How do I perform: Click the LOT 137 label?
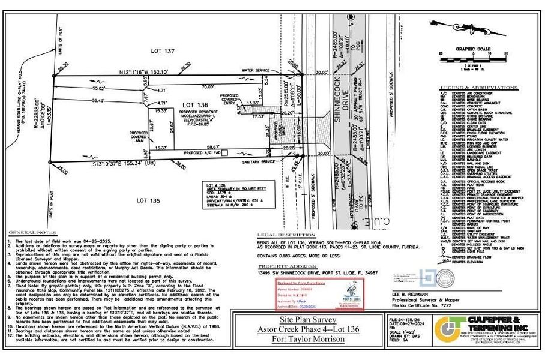coord(163,53)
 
